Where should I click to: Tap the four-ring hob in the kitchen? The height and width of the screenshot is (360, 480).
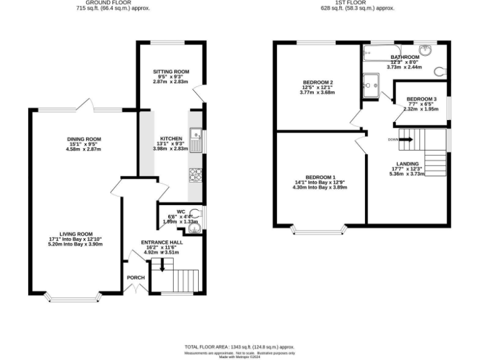[x=196, y=174]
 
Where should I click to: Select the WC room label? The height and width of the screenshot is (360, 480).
[x=181, y=211]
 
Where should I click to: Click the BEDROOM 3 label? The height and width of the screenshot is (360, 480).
[x=421, y=99]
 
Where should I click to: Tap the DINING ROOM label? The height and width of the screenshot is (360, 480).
[x=84, y=139]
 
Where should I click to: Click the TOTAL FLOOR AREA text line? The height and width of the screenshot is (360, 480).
[x=239, y=346]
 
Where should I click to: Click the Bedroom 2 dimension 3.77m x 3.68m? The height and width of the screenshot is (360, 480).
[x=318, y=92]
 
